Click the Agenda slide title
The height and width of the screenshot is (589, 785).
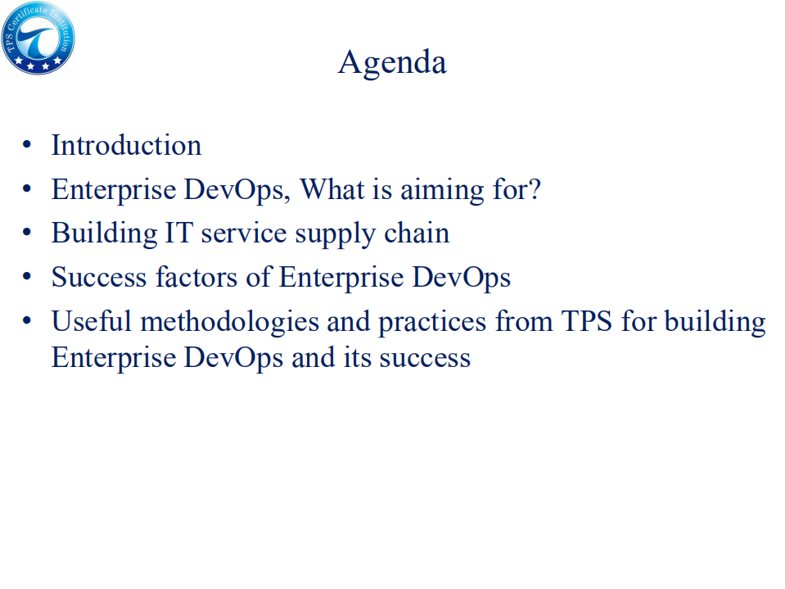(392, 62)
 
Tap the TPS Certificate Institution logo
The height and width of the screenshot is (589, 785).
(38, 38)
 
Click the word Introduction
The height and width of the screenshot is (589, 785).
(126, 145)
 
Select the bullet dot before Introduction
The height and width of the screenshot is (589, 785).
(27, 147)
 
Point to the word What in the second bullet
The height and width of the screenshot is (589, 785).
(331, 189)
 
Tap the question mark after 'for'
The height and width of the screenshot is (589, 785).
(534, 189)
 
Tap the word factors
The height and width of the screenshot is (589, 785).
(199, 277)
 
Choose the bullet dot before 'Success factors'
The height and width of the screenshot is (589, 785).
(27, 278)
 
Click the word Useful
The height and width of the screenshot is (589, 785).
(91, 321)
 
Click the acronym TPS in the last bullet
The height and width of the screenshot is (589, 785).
(586, 321)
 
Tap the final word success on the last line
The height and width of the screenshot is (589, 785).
(424, 358)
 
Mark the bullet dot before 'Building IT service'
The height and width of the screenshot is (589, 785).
(27, 234)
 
